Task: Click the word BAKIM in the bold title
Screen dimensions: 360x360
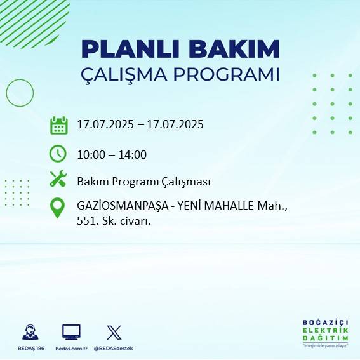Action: click(x=232, y=50)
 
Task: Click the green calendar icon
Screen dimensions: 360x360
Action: click(x=58, y=125)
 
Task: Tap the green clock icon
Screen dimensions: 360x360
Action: click(x=58, y=154)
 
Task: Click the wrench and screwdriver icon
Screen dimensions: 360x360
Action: click(x=58, y=180)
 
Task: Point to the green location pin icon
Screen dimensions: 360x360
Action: click(x=58, y=208)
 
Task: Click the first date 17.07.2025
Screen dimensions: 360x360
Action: click(x=105, y=124)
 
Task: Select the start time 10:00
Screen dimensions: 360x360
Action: click(x=91, y=154)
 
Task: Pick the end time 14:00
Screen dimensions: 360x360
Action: click(x=133, y=154)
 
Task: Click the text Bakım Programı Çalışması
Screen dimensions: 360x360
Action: click(x=143, y=182)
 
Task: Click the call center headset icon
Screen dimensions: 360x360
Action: click(x=29, y=332)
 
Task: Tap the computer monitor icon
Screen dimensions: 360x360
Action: click(x=71, y=331)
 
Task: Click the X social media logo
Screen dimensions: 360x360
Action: click(x=114, y=331)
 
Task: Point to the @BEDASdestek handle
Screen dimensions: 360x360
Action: click(x=114, y=349)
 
